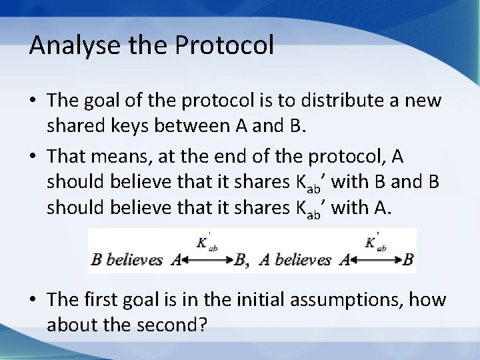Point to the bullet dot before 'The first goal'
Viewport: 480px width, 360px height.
point(33,301)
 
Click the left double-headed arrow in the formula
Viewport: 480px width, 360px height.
point(207,259)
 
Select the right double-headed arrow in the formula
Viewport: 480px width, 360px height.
point(377,259)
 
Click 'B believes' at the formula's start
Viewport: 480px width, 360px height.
point(127,259)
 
